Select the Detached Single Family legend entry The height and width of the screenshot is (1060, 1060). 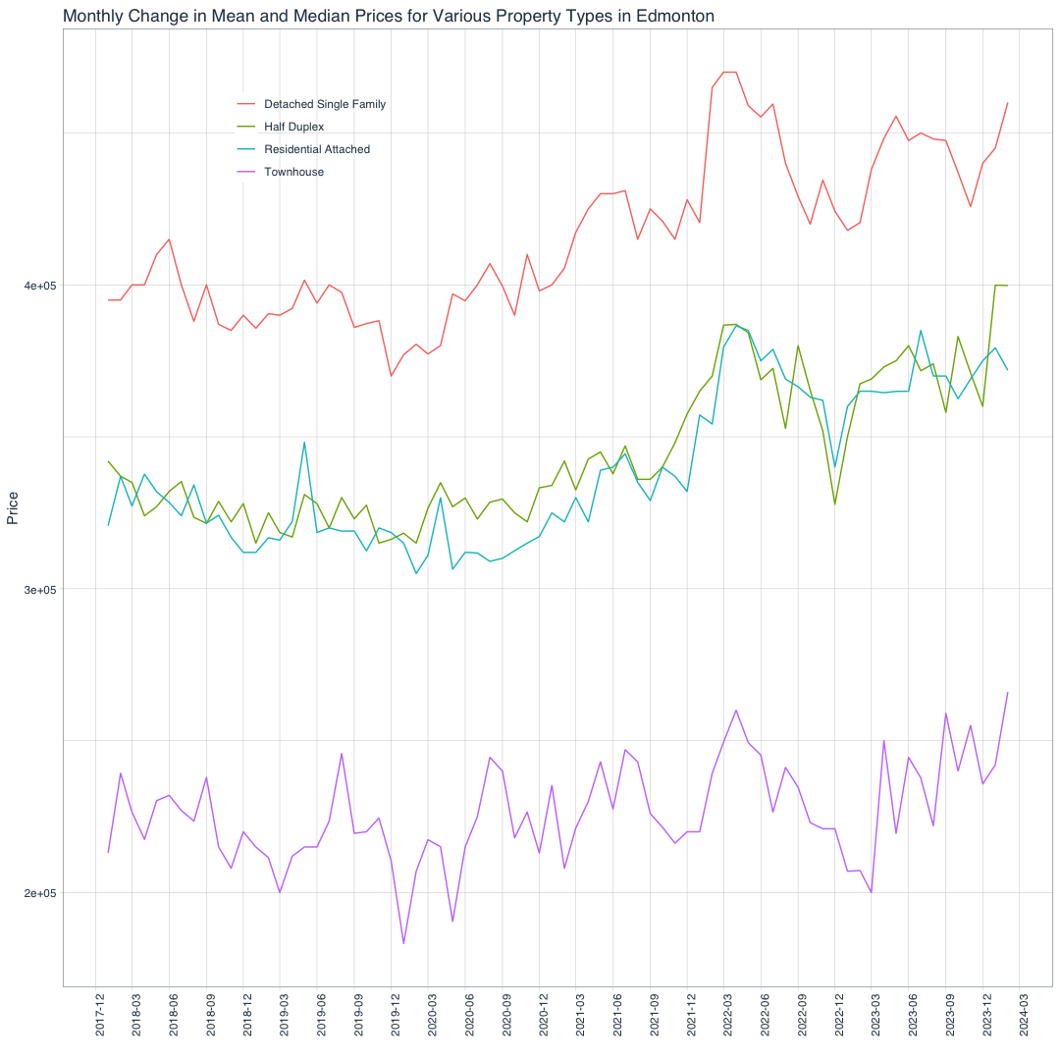(325, 104)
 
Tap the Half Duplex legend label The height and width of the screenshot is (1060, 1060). (293, 127)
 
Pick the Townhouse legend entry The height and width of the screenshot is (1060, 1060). (293, 172)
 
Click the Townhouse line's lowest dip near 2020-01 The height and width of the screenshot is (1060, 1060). (403, 944)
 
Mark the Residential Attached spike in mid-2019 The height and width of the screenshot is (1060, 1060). (304, 442)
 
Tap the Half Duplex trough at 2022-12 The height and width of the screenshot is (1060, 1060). (835, 504)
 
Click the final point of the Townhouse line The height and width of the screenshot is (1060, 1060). (1008, 693)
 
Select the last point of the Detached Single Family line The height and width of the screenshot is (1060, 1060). (1008, 103)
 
